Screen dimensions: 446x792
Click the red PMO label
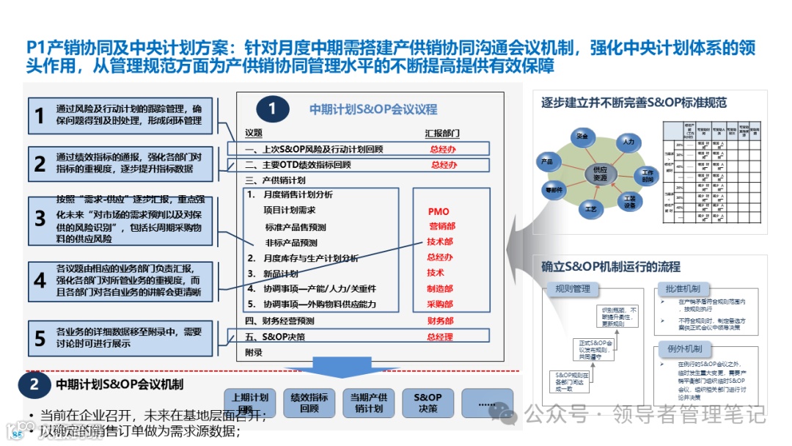(x=439, y=212)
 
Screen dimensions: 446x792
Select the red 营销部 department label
(x=441, y=227)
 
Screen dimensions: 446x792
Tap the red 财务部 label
(x=440, y=321)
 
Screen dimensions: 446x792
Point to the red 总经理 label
(x=440, y=337)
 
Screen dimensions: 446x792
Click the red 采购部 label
(x=440, y=304)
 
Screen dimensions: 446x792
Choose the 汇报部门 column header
(x=442, y=134)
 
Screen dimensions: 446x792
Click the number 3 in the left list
(x=40, y=219)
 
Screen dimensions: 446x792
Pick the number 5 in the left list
(x=40, y=337)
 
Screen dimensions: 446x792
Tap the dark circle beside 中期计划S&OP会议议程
(x=272, y=109)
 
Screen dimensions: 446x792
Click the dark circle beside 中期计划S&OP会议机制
(x=34, y=384)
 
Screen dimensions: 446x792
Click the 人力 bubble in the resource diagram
(x=628, y=140)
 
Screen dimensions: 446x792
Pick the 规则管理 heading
(x=573, y=289)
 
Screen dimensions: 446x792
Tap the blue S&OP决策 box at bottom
(x=428, y=403)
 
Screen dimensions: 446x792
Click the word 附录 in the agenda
(x=254, y=353)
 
